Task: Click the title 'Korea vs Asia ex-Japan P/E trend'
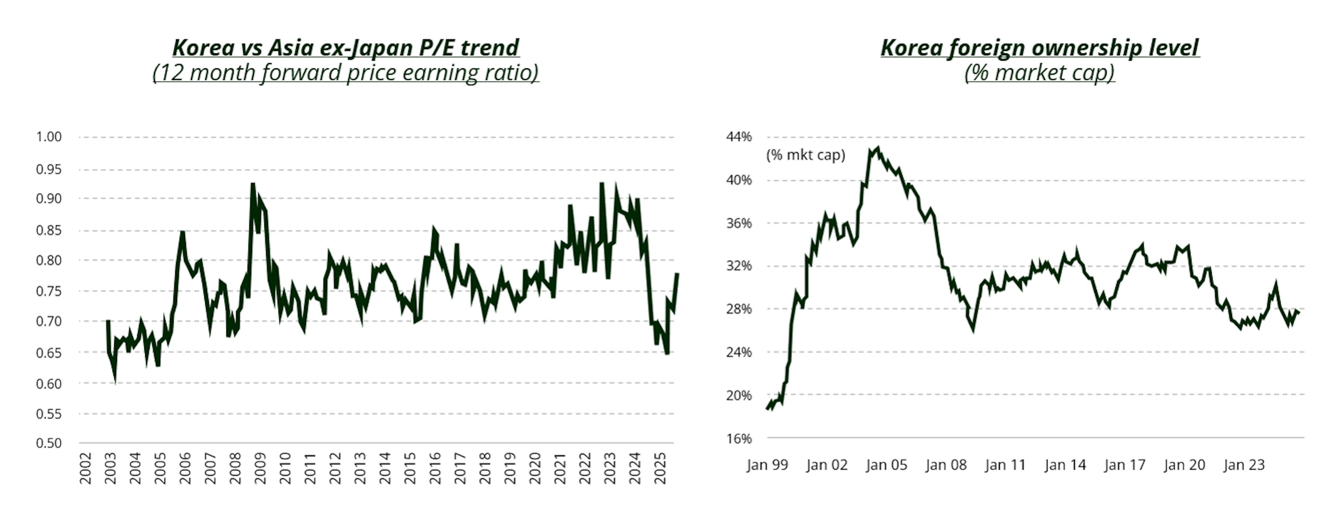pos(346,48)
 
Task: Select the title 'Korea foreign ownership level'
pos(1040,48)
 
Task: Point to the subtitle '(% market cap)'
pos(1040,72)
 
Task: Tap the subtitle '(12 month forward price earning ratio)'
pos(346,72)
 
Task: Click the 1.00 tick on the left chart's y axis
pos(49,137)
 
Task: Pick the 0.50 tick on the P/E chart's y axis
pos(49,443)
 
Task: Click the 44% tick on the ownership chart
pos(739,137)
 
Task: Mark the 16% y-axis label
pos(739,438)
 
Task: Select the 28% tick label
pos(739,309)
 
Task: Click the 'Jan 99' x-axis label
pos(767,465)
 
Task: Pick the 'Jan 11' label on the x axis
pos(1006,465)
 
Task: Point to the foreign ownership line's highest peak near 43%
pos(878,148)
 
